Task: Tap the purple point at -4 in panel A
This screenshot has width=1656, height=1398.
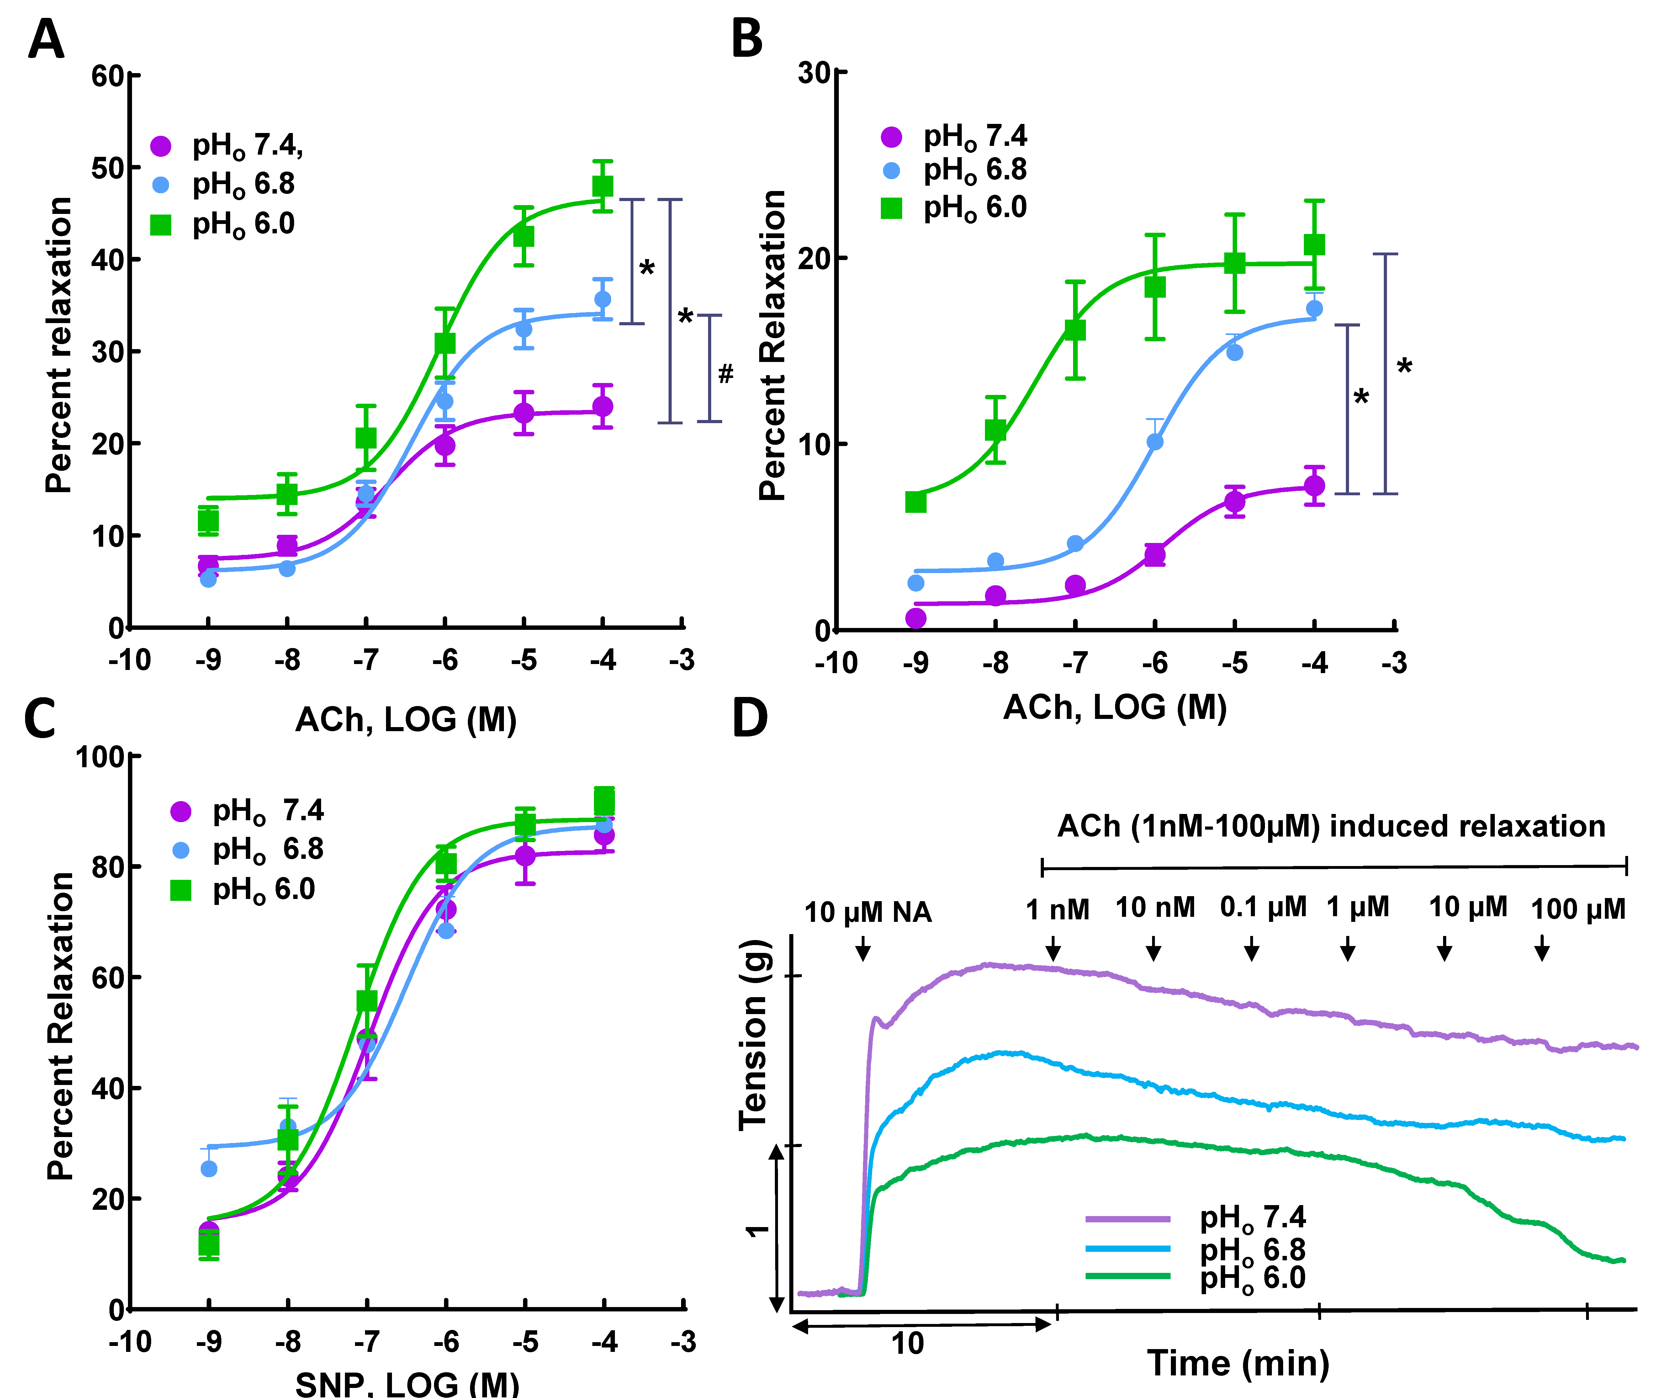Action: coord(603,407)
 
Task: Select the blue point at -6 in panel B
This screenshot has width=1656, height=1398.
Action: coord(1155,441)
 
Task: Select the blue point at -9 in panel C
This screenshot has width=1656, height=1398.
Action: coord(209,1168)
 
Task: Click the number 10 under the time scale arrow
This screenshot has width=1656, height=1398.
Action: coord(907,1343)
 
